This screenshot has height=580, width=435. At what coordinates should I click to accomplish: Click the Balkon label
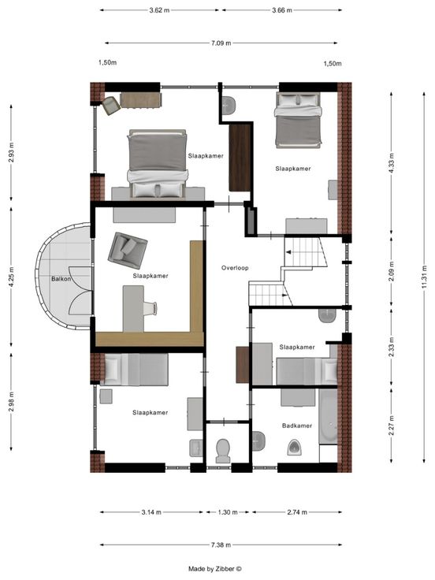click(x=61, y=279)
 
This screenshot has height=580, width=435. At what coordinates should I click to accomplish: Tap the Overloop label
click(x=235, y=268)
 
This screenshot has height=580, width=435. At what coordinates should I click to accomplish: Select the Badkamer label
click(x=297, y=426)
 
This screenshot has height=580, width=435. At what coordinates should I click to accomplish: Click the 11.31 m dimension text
click(x=424, y=277)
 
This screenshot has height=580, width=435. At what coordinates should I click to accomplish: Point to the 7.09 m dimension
click(x=221, y=43)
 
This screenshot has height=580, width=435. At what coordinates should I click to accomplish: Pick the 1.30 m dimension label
click(x=228, y=512)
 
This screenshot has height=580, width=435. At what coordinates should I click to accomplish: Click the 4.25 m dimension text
click(x=12, y=277)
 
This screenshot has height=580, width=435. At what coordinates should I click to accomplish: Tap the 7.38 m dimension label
click(x=221, y=545)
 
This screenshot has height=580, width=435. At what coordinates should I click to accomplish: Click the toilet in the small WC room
click(x=223, y=451)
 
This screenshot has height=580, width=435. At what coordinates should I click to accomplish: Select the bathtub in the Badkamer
click(x=328, y=416)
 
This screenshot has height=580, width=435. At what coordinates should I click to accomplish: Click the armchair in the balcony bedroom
click(x=128, y=251)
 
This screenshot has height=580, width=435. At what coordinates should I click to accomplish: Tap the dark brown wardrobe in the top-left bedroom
click(x=240, y=158)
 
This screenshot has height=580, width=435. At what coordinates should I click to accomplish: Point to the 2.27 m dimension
click(x=392, y=426)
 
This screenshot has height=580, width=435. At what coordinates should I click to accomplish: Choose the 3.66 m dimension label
click(x=282, y=10)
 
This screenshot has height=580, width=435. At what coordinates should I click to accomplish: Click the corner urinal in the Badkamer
click(x=295, y=447)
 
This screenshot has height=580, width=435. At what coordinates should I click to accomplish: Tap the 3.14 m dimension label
click(x=151, y=512)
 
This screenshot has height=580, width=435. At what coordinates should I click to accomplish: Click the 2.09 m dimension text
click(x=392, y=271)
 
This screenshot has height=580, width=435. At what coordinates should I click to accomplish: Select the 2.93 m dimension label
click(x=12, y=152)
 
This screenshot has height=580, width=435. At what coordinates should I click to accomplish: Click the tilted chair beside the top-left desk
click(x=111, y=106)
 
